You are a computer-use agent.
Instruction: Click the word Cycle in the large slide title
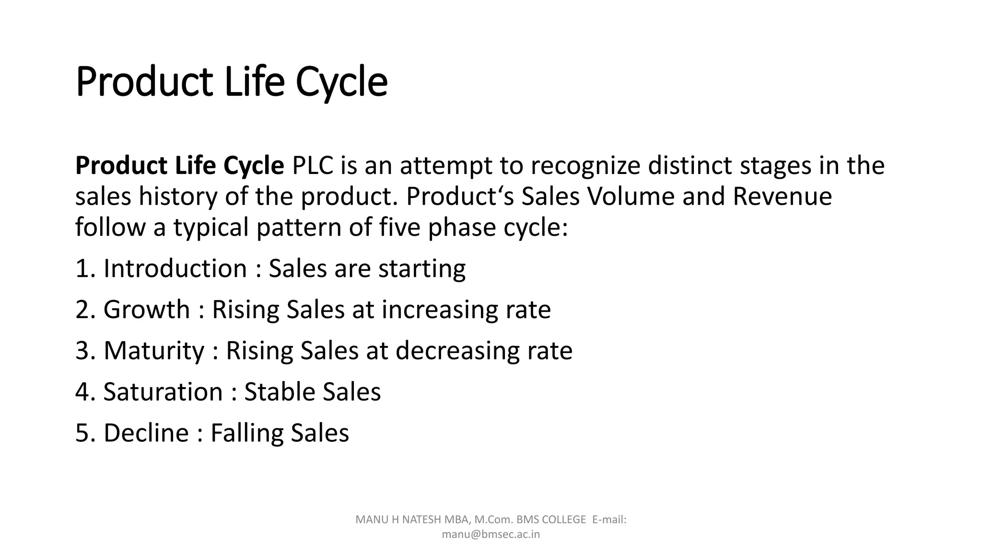(x=341, y=82)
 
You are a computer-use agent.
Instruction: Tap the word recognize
(x=585, y=166)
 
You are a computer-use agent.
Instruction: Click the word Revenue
(x=782, y=196)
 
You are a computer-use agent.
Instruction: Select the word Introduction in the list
(x=175, y=268)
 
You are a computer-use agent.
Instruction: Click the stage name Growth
(x=147, y=310)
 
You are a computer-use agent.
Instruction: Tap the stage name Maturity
(x=154, y=351)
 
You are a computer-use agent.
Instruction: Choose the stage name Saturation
(x=163, y=392)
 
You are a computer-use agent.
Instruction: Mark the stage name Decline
(x=146, y=433)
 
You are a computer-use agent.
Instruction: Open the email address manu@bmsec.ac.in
(x=491, y=534)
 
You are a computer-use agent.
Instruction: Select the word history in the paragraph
(x=178, y=196)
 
